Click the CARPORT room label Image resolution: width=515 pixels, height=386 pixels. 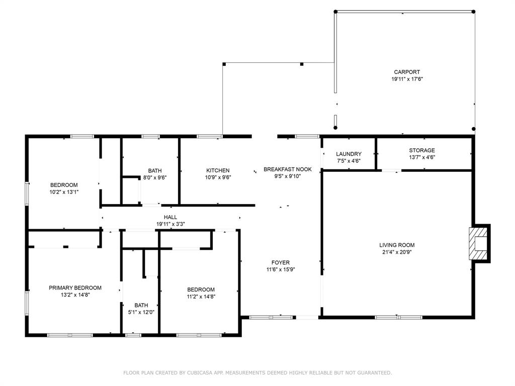tap(407, 72)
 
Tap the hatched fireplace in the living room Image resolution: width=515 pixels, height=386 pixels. tap(477, 244)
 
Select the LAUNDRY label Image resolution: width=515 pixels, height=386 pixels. tap(349, 154)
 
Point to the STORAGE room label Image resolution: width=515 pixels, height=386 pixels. tap(421, 150)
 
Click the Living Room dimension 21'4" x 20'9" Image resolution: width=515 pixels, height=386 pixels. tap(397, 252)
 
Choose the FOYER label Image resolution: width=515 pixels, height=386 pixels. tap(280, 262)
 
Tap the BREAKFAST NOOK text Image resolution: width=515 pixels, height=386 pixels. tap(288, 169)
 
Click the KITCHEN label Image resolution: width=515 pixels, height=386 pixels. tap(218, 170)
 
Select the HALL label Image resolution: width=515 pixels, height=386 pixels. tap(170, 217)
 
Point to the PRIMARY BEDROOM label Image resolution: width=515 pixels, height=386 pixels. tap(75, 288)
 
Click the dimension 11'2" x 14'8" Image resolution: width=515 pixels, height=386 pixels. tap(201, 297)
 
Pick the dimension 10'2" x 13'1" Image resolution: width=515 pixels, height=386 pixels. tap(64, 191)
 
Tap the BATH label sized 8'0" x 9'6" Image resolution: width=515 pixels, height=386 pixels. tap(155, 170)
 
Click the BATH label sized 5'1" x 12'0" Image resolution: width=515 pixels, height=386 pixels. tap(141, 305)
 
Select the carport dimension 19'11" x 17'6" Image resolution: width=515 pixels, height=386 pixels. tap(407, 79)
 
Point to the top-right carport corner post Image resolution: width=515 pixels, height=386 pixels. tap(473, 12)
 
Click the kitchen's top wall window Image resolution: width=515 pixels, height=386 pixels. tap(209, 136)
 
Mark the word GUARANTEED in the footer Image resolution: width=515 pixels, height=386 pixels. tap(373, 373)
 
